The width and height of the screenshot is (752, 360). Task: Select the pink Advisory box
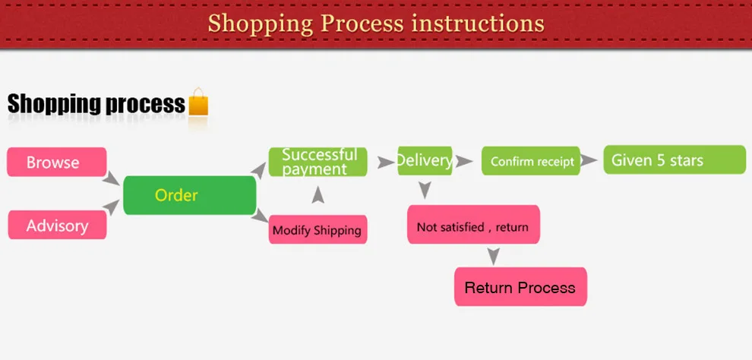point(57,226)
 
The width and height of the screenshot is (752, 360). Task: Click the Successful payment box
point(318,162)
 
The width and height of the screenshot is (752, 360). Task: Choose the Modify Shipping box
point(318,230)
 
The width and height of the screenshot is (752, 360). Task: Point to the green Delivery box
point(425,161)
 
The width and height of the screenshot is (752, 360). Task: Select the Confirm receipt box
point(531,162)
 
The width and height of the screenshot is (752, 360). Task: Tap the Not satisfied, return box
point(473,226)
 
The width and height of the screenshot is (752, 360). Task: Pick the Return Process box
point(520,288)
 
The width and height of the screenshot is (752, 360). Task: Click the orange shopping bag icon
point(198,103)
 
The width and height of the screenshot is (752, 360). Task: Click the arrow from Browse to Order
point(112,179)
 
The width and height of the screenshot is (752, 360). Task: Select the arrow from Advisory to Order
point(113,206)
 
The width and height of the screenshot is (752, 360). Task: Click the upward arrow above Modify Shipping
point(318,195)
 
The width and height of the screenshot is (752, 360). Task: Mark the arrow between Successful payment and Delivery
point(386,162)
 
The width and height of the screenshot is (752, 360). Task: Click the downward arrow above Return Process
point(494,256)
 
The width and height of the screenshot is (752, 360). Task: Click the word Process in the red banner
point(362,24)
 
